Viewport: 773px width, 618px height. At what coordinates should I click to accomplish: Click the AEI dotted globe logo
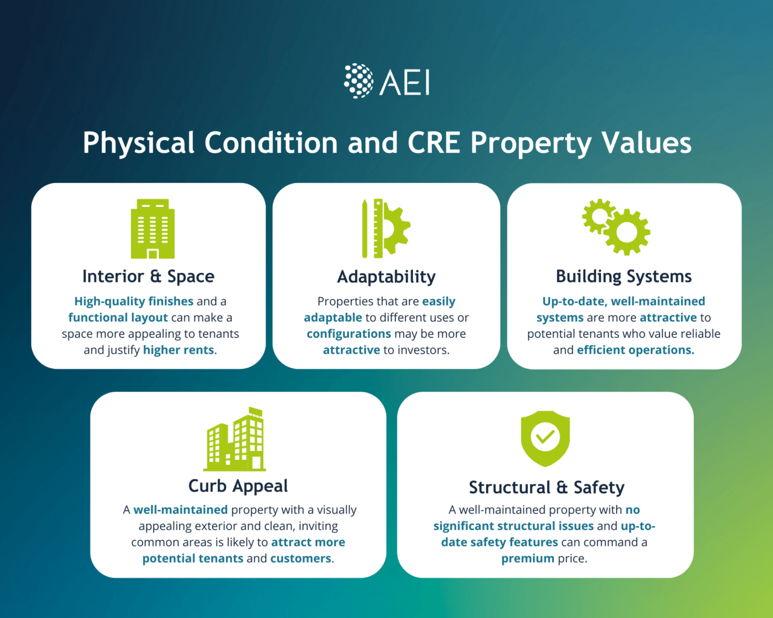359,81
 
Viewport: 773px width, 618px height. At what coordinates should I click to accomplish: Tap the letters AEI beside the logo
405,82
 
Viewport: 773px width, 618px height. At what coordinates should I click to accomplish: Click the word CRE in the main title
434,143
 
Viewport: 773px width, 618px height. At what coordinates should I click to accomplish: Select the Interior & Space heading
149,276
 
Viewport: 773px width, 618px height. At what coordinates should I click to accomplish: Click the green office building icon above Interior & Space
153,229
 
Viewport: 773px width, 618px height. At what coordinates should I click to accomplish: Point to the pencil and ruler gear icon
385,228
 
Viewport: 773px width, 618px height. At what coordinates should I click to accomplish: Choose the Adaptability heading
386,277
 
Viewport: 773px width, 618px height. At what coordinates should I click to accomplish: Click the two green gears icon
617,227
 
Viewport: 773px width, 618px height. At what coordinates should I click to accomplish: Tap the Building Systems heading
624,276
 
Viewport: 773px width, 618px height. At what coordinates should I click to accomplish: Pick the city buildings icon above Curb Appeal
235,439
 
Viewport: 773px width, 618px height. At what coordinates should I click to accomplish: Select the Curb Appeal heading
238,486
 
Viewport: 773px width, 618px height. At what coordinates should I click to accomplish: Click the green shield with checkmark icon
545,439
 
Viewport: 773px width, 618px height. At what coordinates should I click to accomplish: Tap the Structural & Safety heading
547,487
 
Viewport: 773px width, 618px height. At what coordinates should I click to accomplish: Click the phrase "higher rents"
179,350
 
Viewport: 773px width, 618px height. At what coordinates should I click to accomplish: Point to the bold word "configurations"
349,334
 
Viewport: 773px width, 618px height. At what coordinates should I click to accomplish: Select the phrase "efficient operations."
635,350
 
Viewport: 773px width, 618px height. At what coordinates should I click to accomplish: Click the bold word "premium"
527,558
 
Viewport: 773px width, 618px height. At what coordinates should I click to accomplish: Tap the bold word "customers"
301,558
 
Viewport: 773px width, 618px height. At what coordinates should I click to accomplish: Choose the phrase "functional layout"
118,317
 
